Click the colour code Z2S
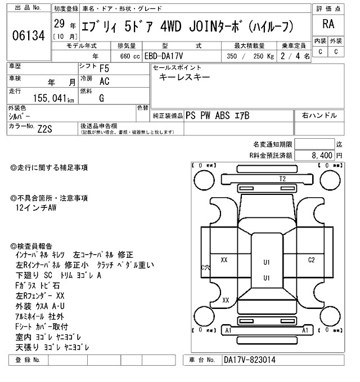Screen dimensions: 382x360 click(45, 129)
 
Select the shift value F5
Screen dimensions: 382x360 click(104, 69)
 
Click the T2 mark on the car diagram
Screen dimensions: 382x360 click(282, 179)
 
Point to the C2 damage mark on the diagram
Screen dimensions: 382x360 click(311, 260)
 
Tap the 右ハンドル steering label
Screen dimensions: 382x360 click(319, 115)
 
